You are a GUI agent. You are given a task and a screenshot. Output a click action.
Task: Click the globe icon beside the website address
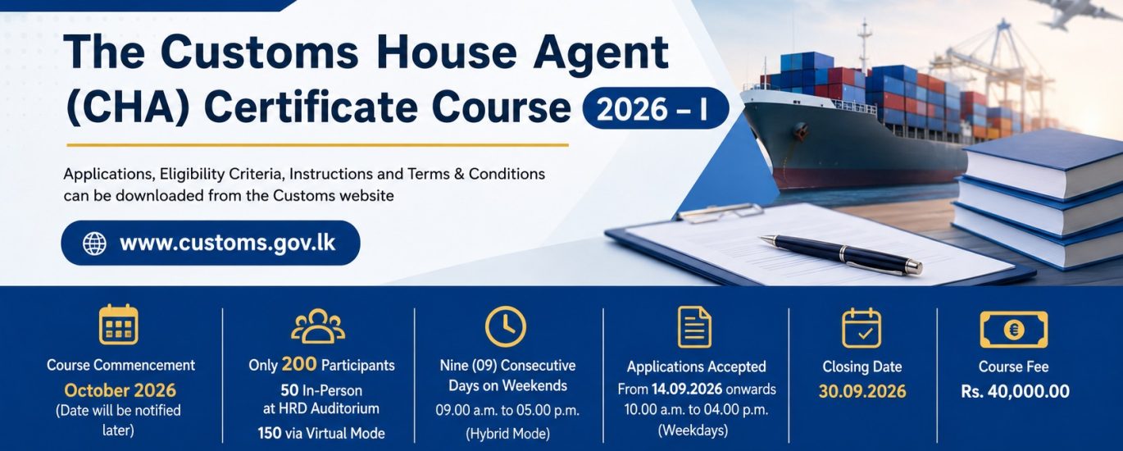point(94,244)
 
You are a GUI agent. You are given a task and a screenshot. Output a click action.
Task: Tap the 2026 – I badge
point(656,108)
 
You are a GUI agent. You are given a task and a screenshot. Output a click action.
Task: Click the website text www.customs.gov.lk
point(228,244)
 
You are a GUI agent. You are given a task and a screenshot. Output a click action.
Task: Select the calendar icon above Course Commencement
point(118,325)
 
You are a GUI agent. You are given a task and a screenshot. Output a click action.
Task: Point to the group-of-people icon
point(318,326)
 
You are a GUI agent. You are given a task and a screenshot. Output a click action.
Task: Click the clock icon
point(505,326)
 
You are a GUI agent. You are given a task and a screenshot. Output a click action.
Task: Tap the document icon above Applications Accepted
point(694,327)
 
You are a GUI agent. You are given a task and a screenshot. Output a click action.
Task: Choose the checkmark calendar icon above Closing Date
point(862,328)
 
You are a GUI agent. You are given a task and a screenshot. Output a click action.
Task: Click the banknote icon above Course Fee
point(1014,330)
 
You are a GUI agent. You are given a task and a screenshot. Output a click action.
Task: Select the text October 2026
point(120,390)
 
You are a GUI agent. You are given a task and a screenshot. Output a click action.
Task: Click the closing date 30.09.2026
point(862,391)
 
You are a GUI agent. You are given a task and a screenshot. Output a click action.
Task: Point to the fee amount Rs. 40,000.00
point(1015,391)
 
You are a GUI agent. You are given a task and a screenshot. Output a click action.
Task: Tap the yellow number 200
point(299,364)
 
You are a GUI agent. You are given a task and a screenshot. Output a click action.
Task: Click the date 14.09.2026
point(687,389)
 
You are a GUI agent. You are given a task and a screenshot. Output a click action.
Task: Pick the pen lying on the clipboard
point(841,254)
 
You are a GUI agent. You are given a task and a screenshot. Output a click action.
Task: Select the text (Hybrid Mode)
point(507,434)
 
